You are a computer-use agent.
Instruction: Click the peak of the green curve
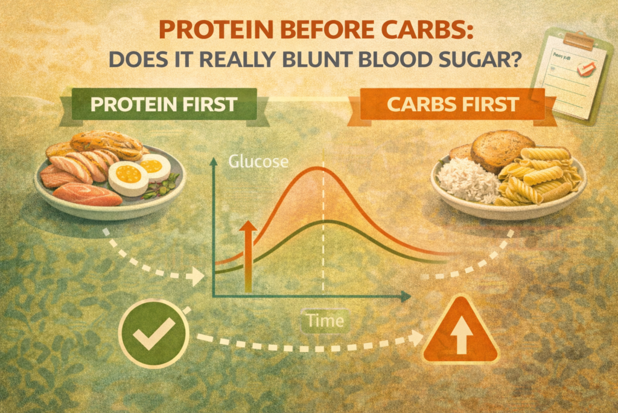click(323, 223)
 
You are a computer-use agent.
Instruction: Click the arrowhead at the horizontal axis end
click(406, 296)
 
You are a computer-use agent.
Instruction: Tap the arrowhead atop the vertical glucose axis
click(213, 162)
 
